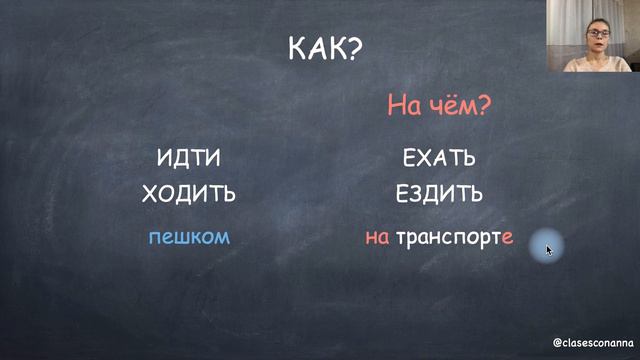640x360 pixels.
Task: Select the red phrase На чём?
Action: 440,106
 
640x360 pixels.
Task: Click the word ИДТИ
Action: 189,158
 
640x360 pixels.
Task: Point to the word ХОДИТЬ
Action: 189,194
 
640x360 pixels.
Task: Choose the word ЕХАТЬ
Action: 439,158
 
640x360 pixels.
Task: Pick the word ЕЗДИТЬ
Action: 440,194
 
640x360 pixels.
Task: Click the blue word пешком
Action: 189,237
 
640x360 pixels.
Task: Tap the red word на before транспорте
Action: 377,238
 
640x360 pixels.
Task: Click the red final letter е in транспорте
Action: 508,239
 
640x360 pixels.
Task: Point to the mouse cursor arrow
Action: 548,247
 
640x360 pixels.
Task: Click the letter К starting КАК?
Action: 297,49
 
